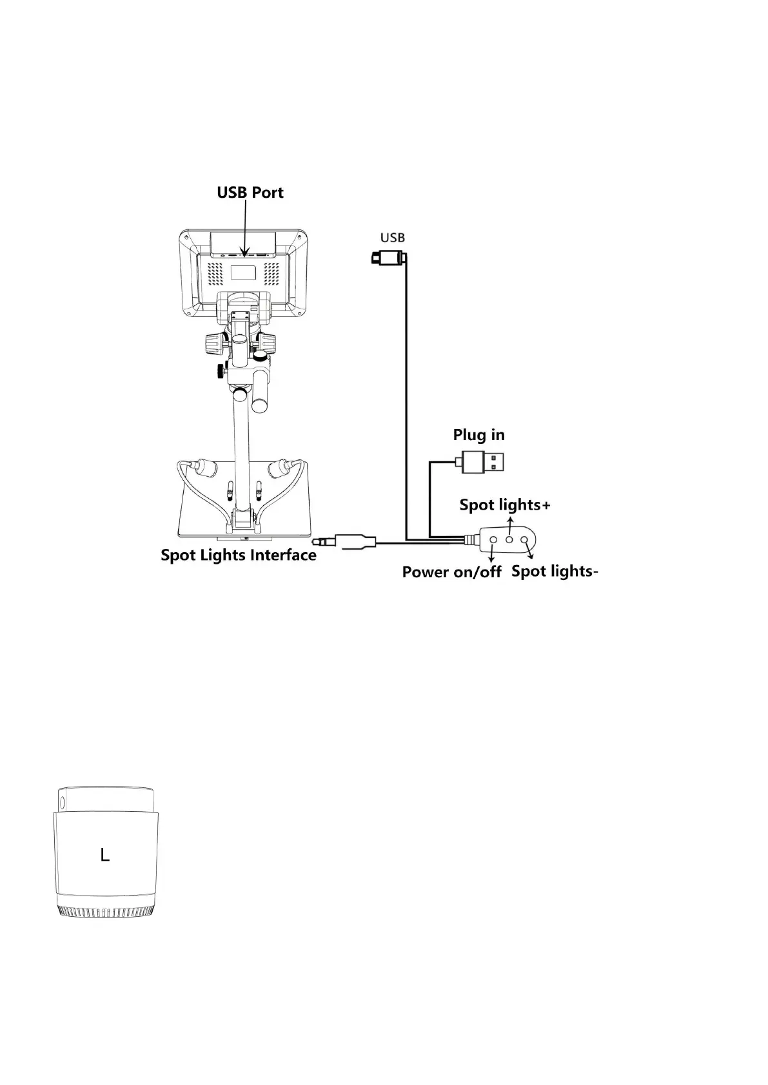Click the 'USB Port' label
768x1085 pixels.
tap(250, 193)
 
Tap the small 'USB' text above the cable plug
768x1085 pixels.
tap(392, 238)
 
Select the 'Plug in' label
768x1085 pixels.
tap(478, 435)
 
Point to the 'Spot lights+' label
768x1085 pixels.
tap(505, 504)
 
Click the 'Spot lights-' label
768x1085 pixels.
tap(555, 571)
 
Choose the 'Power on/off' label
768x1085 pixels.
tap(451, 572)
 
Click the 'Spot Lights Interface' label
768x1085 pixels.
tap(239, 555)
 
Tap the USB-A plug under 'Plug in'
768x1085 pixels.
tap(484, 462)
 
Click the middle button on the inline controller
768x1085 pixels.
tap(509, 539)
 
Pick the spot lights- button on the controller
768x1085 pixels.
tap(525, 539)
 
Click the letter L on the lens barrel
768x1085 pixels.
tap(105, 855)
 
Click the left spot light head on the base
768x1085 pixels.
tap(205, 467)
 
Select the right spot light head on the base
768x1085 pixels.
tap(278, 467)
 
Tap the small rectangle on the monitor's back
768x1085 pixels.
tap(243, 272)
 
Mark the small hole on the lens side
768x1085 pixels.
tap(63, 802)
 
